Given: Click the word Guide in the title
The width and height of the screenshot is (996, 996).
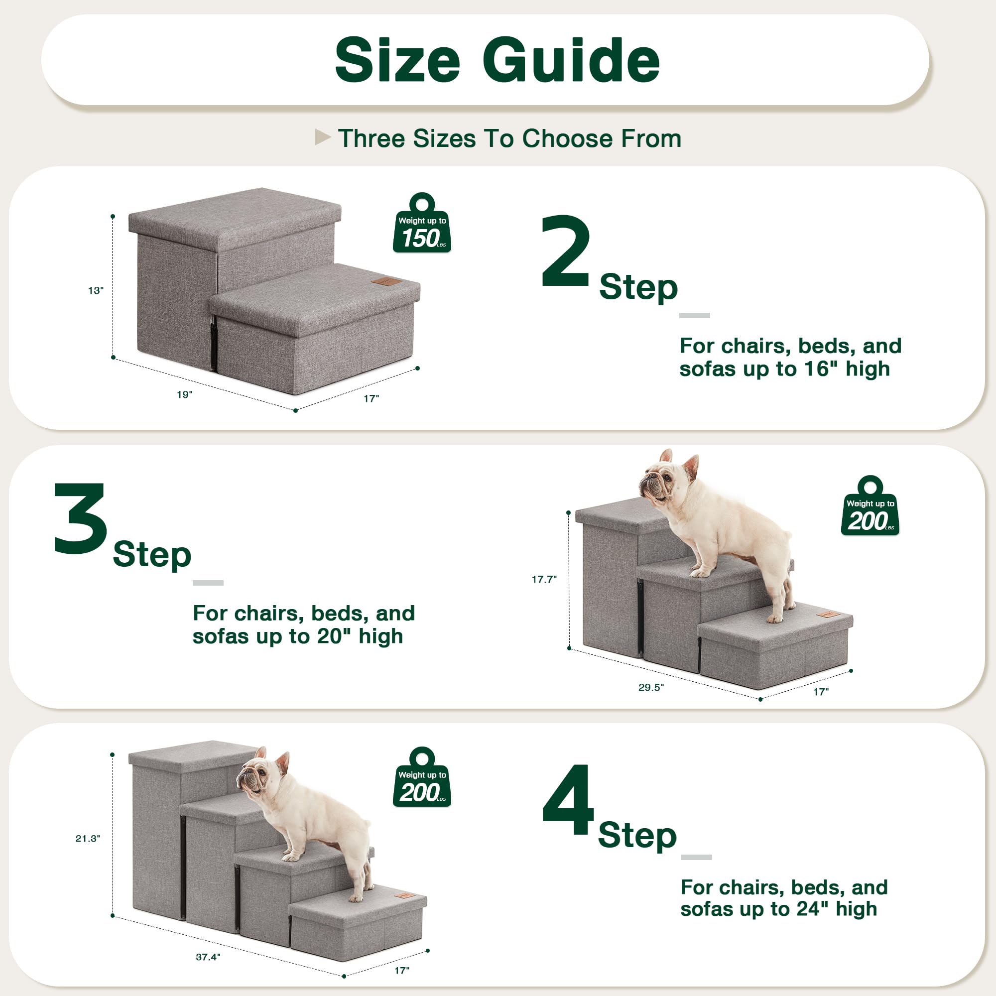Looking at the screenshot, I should [x=571, y=61].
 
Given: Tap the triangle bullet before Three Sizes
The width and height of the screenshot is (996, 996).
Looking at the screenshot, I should [x=322, y=137].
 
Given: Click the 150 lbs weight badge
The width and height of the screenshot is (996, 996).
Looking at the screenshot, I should [x=422, y=224].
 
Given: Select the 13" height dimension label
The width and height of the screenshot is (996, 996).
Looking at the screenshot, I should [x=96, y=291].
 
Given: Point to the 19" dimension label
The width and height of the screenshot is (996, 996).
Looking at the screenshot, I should [x=185, y=394].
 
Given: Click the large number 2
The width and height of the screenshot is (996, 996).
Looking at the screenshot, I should [x=565, y=251].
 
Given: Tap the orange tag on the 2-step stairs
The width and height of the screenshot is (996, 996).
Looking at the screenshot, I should [x=382, y=281].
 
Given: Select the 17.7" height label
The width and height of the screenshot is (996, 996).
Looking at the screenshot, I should [x=544, y=580].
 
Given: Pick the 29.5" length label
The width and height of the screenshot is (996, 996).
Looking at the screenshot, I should [x=650, y=687].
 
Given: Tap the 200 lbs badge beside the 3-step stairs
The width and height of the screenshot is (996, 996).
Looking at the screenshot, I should [x=870, y=507].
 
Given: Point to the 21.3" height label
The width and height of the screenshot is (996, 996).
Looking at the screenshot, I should [x=88, y=839].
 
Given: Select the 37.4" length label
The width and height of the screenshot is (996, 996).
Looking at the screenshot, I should [x=208, y=957].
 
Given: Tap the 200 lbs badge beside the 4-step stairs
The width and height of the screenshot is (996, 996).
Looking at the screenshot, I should [x=422, y=778].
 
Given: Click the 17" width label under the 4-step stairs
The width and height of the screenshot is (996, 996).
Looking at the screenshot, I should [x=401, y=971].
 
